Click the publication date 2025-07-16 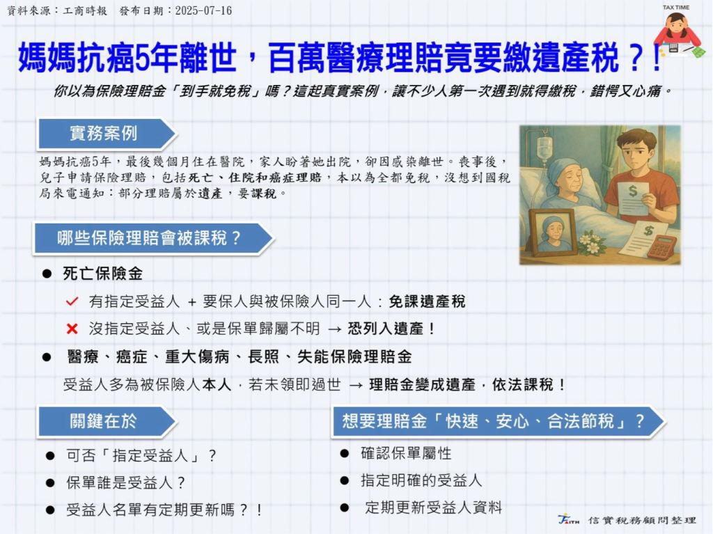pos(203,10)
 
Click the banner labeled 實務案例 pos(107,134)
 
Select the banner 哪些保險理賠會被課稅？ pos(153,238)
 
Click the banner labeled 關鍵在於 pos(107,421)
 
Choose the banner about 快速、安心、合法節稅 pos(499,421)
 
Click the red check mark pos(72,301)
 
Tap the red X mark pos(72,329)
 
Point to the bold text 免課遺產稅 pos(427,301)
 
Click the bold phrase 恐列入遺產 pos(386,329)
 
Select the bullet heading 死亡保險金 pos(103,274)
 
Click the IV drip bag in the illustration pos(544,146)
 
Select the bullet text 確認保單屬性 pos(406,453)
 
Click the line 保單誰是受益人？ pos(126,482)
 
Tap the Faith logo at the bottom pos(568,519)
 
